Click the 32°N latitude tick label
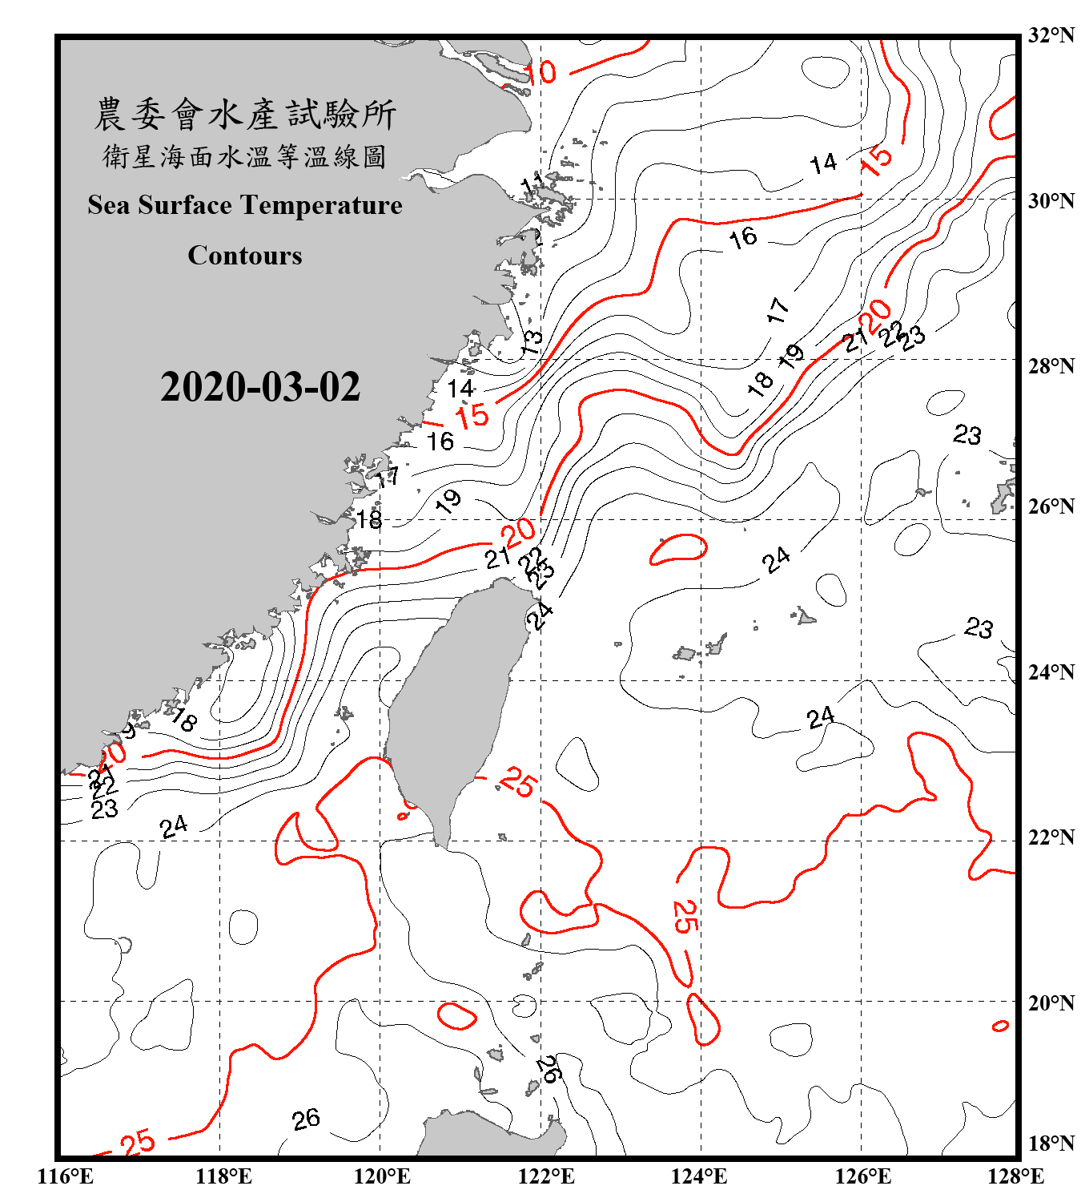coord(1051,35)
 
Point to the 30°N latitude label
coord(1051,201)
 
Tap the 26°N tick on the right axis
coord(1051,506)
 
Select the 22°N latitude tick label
coord(1051,837)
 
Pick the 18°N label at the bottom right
coord(1051,1143)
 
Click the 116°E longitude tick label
coord(66,1176)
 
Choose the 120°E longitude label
coord(382,1176)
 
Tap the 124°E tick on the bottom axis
coord(699,1176)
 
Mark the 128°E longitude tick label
coord(1015,1176)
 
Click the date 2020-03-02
coord(260,387)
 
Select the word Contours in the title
coord(245,256)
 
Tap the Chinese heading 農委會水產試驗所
coord(245,115)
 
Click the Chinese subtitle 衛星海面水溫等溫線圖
coord(245,157)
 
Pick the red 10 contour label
coord(540,73)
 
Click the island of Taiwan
coord(452,705)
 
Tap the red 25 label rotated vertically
coord(684,916)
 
